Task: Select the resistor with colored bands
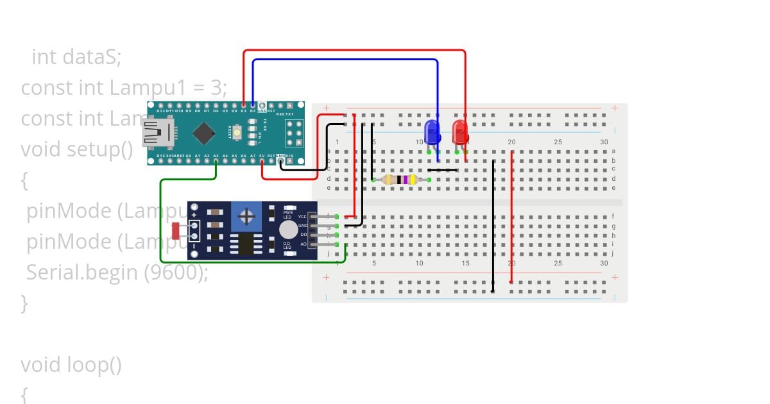[x=400, y=180]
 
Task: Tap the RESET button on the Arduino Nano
[x=237, y=133]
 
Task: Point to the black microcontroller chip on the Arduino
[x=204, y=133]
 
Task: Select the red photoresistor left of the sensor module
[x=177, y=230]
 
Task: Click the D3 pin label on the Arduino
[x=244, y=111]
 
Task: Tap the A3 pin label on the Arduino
[x=216, y=156]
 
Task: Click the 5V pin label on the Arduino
[x=262, y=156]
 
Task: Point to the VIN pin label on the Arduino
[x=289, y=156]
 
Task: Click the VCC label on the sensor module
[x=302, y=217]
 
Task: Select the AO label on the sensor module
[x=304, y=244]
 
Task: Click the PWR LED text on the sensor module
[x=287, y=215]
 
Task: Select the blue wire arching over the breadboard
[x=346, y=60]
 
